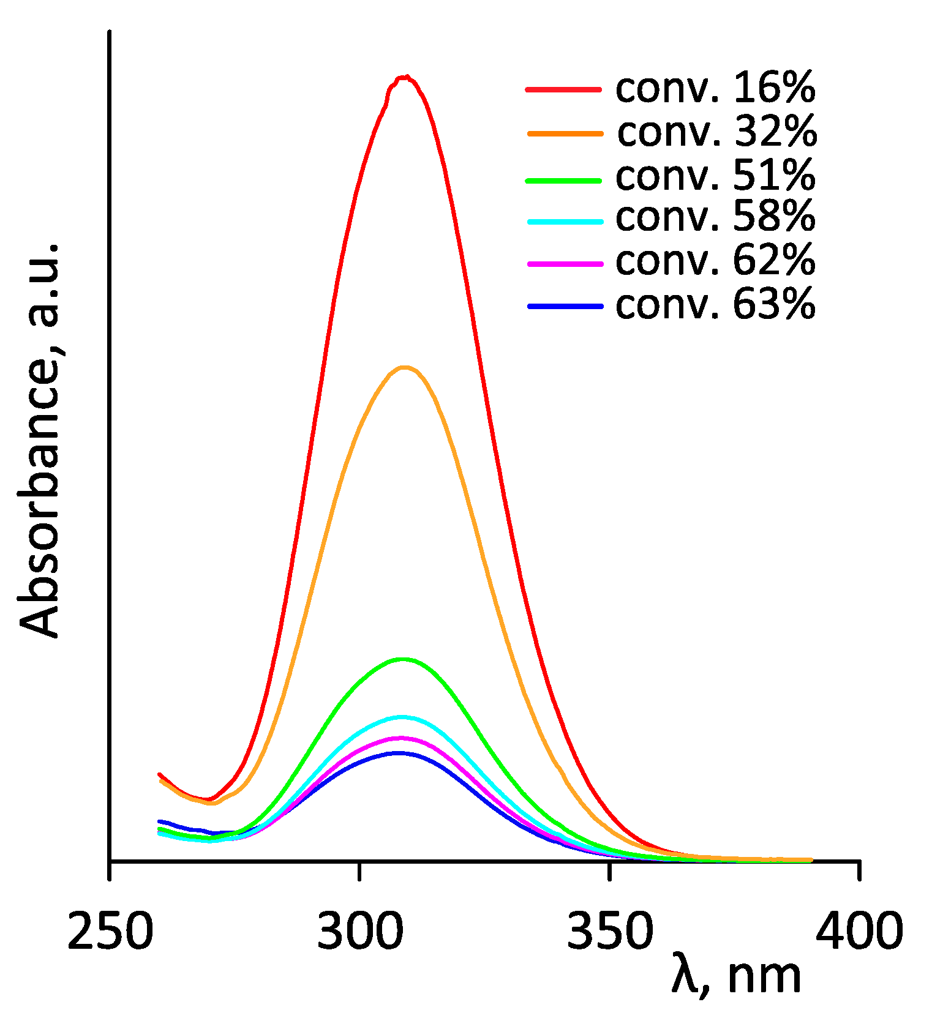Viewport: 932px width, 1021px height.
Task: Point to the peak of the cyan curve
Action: coord(401,716)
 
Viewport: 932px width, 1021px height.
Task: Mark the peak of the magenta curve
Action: coord(400,738)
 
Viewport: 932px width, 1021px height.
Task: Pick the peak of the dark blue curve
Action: coord(399,753)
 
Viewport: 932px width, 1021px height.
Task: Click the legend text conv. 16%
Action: coord(715,88)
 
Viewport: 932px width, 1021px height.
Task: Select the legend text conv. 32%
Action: coord(716,132)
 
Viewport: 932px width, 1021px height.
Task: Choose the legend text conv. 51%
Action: coord(715,175)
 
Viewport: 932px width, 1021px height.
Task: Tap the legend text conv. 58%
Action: coord(715,217)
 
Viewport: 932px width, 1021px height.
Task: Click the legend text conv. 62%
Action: coord(715,261)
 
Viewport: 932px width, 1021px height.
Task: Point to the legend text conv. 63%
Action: coord(715,304)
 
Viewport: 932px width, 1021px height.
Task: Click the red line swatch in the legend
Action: coord(563,89)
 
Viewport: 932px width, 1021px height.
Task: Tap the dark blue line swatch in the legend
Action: coord(565,305)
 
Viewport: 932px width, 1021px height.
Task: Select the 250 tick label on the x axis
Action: coord(110,931)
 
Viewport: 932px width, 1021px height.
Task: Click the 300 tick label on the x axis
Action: coord(360,931)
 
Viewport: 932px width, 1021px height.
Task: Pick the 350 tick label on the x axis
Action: coord(610,931)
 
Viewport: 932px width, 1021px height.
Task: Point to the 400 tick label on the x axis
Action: coord(859,931)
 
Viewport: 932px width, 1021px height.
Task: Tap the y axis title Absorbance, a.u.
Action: coord(39,441)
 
